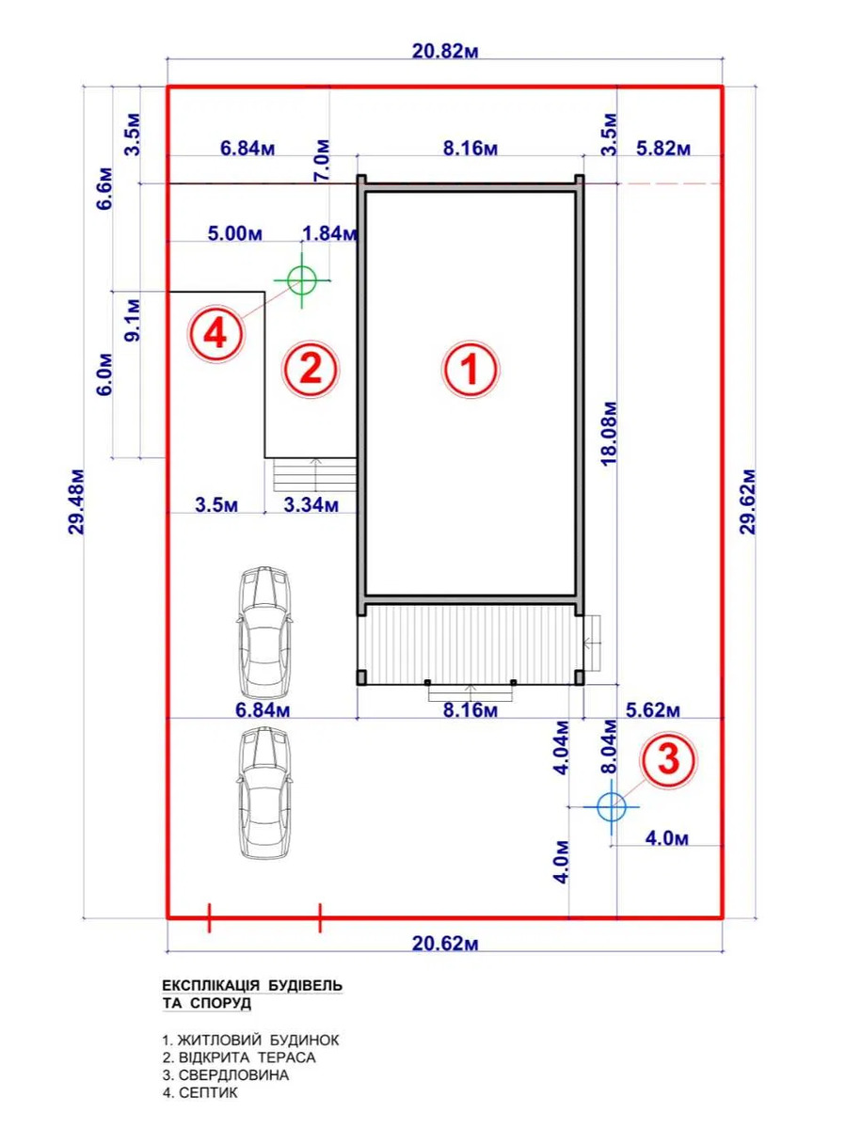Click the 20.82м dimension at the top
click(445, 52)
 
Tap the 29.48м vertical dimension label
click(75, 502)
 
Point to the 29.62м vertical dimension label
click(749, 502)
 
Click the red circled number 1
click(471, 370)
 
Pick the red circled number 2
click(311, 370)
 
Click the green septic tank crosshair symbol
click(302, 280)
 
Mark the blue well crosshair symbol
click(612, 806)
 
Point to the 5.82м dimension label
click(662, 150)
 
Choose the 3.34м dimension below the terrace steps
click(311, 505)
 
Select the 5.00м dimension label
click(235, 234)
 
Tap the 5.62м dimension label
click(653, 710)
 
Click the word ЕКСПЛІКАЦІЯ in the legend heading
click(211, 985)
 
